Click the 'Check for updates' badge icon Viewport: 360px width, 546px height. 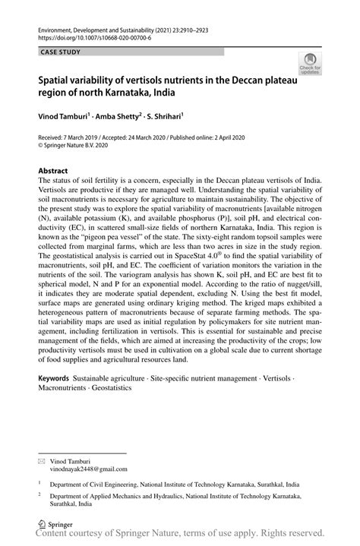click(310, 64)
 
